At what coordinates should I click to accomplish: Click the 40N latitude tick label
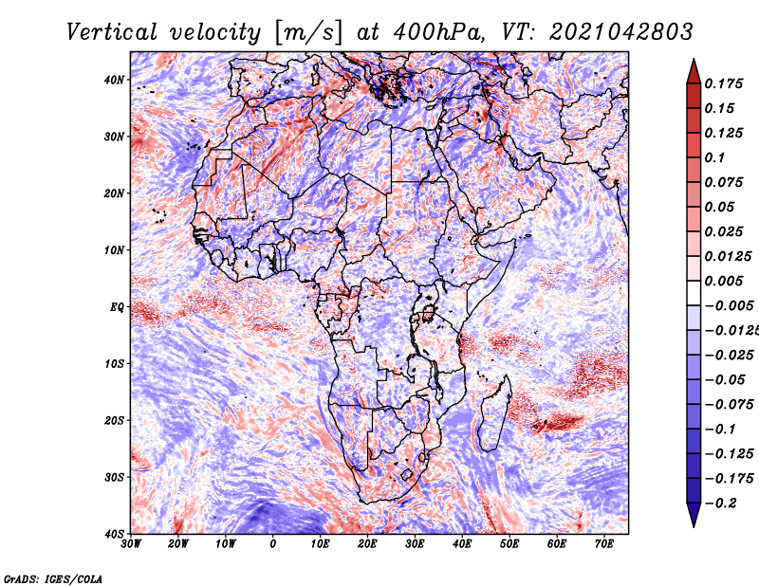pos(114,80)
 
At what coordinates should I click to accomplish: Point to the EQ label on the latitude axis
pos(117,307)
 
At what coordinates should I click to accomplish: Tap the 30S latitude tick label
pos(114,478)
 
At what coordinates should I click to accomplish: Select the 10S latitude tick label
pos(114,364)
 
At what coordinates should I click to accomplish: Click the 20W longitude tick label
pos(178,544)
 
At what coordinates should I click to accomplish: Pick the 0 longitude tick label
pos(273,544)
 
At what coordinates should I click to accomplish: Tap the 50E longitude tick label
pos(509,544)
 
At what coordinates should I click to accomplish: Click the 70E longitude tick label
pos(603,544)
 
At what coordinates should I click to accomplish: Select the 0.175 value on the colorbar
pos(723,83)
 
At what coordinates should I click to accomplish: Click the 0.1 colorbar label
pos(714,157)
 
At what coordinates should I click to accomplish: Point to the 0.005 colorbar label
pos(723,281)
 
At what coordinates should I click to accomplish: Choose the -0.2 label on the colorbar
pos(720,504)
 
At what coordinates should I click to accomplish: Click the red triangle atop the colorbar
pos(694,73)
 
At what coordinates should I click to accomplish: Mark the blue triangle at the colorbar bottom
pos(694,513)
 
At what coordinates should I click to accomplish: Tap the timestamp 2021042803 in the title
pos(621,32)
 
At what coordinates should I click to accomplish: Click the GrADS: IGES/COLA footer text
pos(53,578)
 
